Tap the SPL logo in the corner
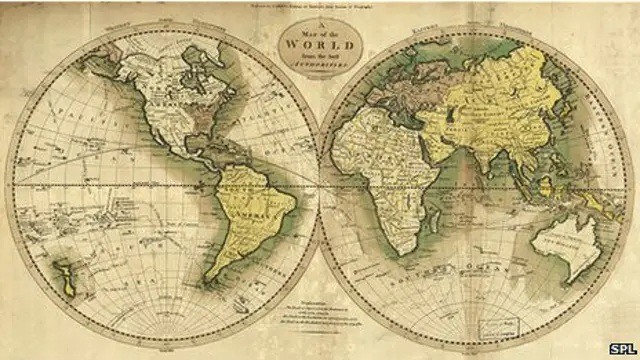pos(621,348)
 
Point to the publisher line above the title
pos(320,10)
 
